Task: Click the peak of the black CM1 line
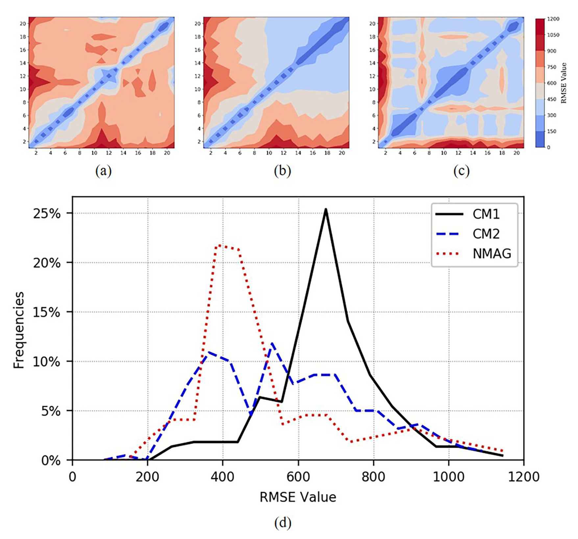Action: tap(325, 209)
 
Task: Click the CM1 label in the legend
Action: tap(486, 214)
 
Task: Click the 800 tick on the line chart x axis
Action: tap(373, 477)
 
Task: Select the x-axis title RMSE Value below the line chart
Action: tap(298, 497)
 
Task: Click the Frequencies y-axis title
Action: tap(19, 330)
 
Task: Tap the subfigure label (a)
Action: tap(103, 171)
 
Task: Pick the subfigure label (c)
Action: tap(461, 171)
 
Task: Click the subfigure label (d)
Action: tap(283, 523)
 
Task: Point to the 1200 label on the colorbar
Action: tap(553, 19)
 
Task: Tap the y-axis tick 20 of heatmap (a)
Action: tap(23, 23)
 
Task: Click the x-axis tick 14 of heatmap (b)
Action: tap(298, 153)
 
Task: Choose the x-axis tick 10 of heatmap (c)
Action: tap(444, 153)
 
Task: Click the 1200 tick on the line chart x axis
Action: tap(523, 477)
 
